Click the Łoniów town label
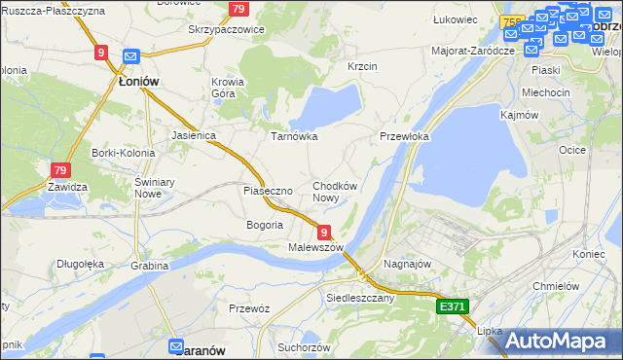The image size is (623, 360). point(138,82)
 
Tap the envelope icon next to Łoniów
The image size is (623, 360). point(131,57)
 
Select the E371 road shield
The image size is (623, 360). point(453,306)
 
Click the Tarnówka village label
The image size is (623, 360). point(293,136)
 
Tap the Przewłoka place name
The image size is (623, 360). point(404,137)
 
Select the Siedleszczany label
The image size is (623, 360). point(360,298)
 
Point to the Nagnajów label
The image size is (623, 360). point(408,264)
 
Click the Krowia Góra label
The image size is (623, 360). point(228,89)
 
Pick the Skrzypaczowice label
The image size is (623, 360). point(227,30)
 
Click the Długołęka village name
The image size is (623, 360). point(80,263)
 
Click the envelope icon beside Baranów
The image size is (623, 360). point(176,345)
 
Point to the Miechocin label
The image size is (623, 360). point(545,92)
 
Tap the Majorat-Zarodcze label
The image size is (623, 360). point(472,50)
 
